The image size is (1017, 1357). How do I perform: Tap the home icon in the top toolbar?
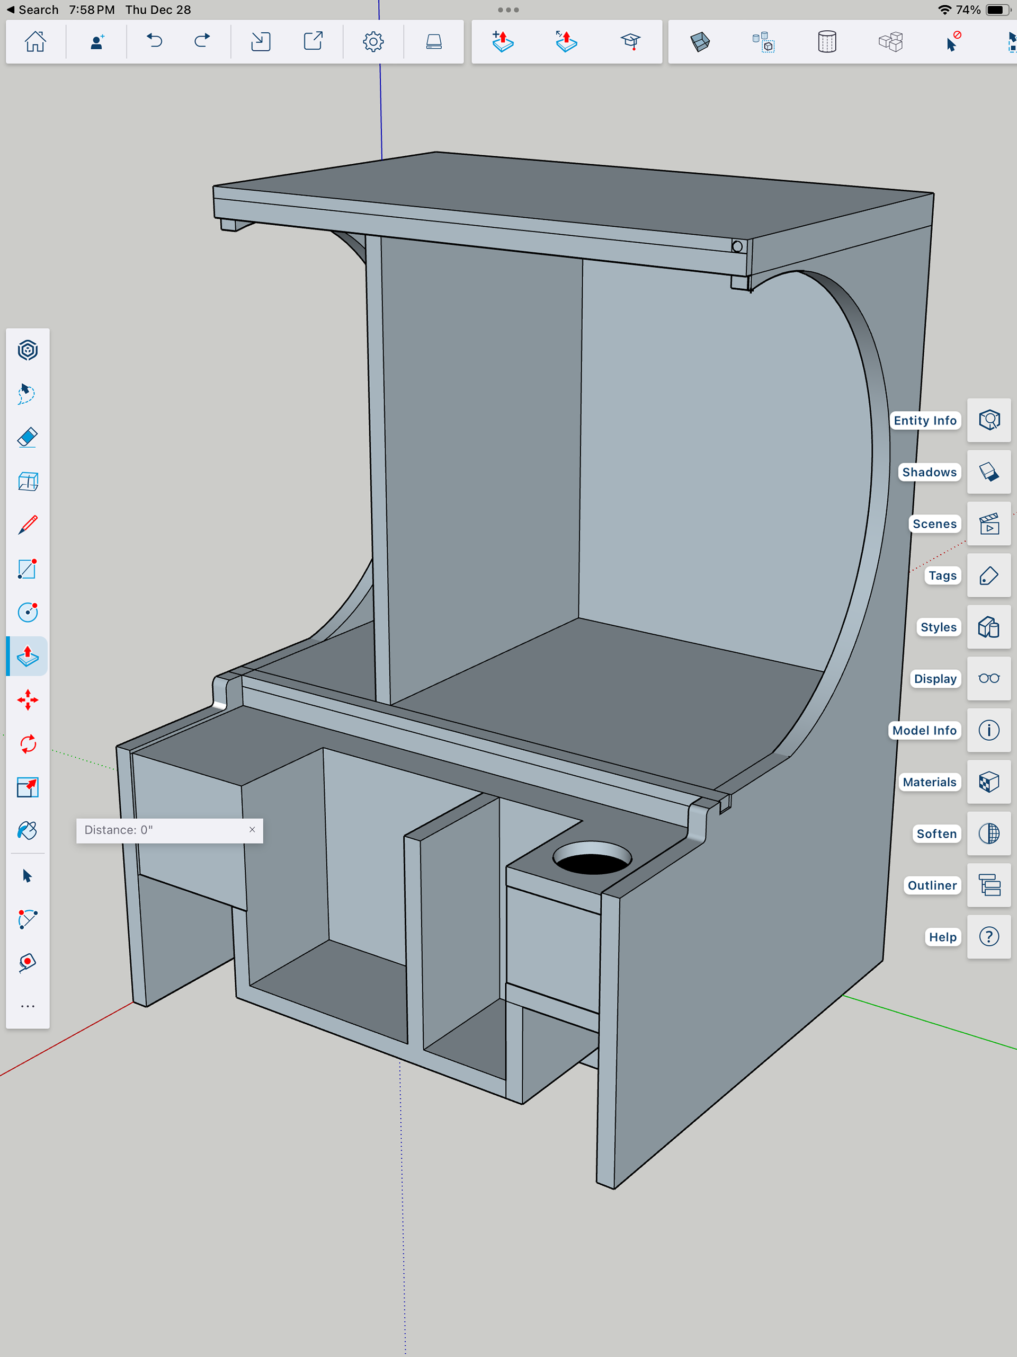click(35, 42)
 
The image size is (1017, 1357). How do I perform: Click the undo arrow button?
click(154, 42)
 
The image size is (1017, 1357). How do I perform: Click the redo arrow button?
click(202, 42)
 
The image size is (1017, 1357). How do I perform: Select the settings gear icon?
click(373, 42)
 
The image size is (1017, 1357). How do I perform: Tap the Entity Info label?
click(924, 420)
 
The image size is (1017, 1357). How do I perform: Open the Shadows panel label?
click(929, 472)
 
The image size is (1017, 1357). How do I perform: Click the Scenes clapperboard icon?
click(989, 524)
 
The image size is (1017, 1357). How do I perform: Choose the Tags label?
click(942, 575)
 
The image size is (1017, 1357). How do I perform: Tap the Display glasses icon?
click(989, 678)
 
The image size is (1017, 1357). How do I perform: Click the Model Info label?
click(924, 730)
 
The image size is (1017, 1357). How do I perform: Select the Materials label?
click(929, 782)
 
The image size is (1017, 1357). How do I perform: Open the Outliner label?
click(932, 885)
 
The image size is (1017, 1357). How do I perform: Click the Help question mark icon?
click(989, 937)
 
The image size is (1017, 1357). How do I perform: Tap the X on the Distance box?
click(252, 829)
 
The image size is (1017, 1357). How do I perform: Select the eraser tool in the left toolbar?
click(28, 437)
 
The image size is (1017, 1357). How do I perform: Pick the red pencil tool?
click(28, 525)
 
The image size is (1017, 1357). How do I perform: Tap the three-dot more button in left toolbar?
click(28, 1006)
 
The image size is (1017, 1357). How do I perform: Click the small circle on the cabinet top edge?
click(737, 246)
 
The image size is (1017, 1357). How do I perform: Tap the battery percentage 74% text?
click(968, 10)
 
